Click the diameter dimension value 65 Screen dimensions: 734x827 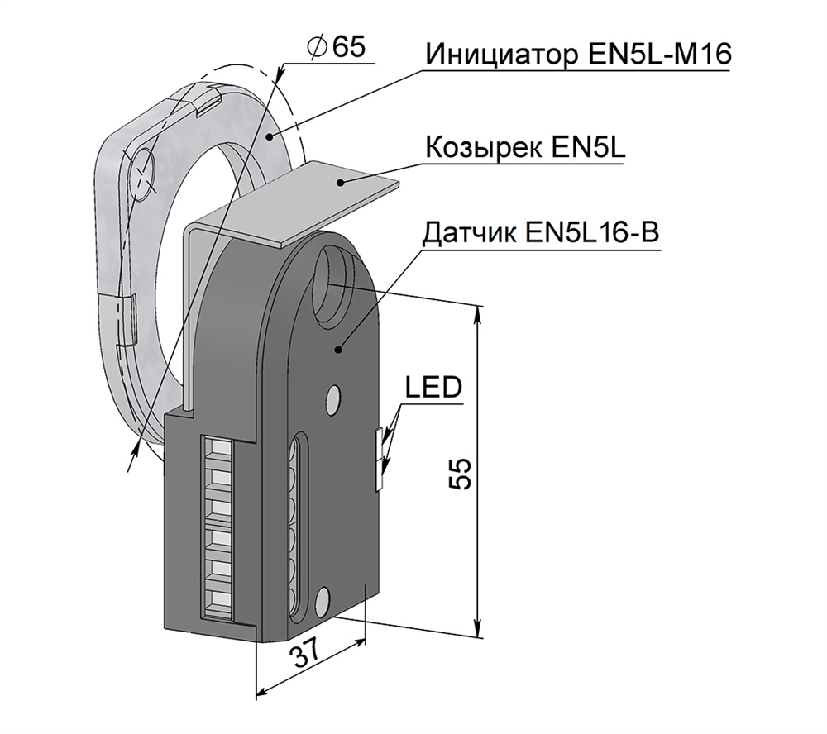pyautogui.click(x=347, y=48)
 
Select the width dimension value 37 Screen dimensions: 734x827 pyautogui.click(x=307, y=657)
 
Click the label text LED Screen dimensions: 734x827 pyautogui.click(x=433, y=387)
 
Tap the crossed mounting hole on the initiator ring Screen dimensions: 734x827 pyautogui.click(x=146, y=174)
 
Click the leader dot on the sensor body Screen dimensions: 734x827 pyautogui.click(x=338, y=350)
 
